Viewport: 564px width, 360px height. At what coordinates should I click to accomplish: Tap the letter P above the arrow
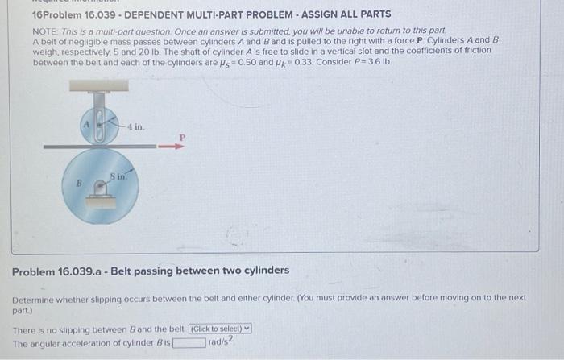pyautogui.click(x=181, y=137)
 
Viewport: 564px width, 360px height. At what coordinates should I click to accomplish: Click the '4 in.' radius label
pyautogui.click(x=136, y=127)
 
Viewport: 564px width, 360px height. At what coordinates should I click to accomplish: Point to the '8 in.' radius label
pyautogui.click(x=117, y=176)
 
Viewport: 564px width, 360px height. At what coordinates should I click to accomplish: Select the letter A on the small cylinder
pyautogui.click(x=86, y=125)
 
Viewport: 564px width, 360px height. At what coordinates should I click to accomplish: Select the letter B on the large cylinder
pyautogui.click(x=80, y=183)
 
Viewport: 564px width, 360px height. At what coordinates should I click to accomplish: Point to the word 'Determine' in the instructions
pyautogui.click(x=37, y=298)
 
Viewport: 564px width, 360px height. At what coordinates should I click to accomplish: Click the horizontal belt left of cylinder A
pyautogui.click(x=60, y=146)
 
